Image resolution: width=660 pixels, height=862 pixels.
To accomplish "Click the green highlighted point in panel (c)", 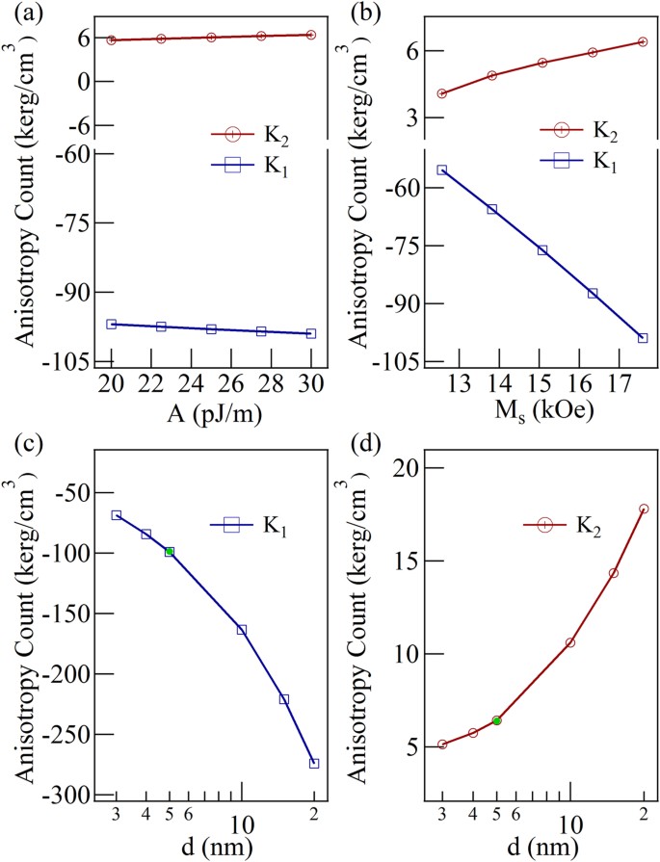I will click(170, 552).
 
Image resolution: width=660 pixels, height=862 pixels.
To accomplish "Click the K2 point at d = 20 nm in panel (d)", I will click(644, 509).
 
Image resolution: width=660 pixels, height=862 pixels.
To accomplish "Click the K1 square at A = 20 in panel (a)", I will click(112, 325).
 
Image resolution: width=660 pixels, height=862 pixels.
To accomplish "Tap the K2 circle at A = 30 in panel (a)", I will click(311, 35).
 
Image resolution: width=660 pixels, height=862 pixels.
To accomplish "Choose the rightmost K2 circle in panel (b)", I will click(643, 41).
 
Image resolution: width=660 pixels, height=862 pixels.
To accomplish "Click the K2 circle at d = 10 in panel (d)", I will click(570, 642).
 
